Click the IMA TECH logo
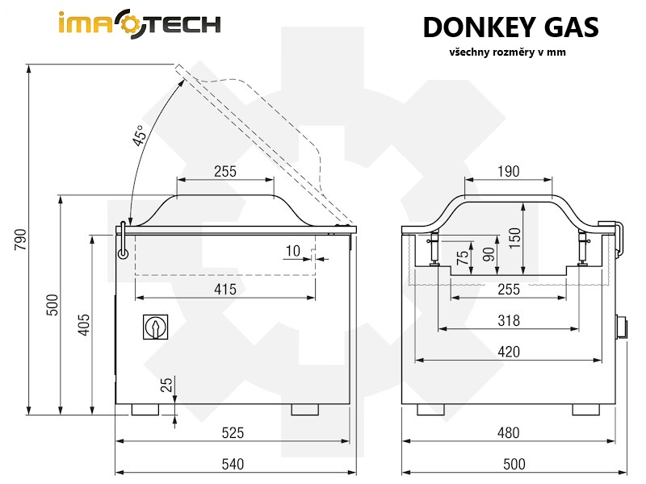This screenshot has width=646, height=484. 139,25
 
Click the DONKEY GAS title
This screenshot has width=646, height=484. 510,27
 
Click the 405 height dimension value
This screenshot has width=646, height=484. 84,323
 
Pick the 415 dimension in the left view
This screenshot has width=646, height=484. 225,290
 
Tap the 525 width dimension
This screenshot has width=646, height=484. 233,433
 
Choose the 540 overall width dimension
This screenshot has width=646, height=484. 233,465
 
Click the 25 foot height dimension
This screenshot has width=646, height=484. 166,385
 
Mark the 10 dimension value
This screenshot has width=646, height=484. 292,252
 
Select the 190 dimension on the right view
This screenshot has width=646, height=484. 508,171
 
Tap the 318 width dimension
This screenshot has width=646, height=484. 508,321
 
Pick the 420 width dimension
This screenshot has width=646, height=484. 508,352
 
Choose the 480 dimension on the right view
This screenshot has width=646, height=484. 508,433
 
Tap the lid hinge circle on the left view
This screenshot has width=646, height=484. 123,253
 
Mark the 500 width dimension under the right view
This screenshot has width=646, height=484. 514,465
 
